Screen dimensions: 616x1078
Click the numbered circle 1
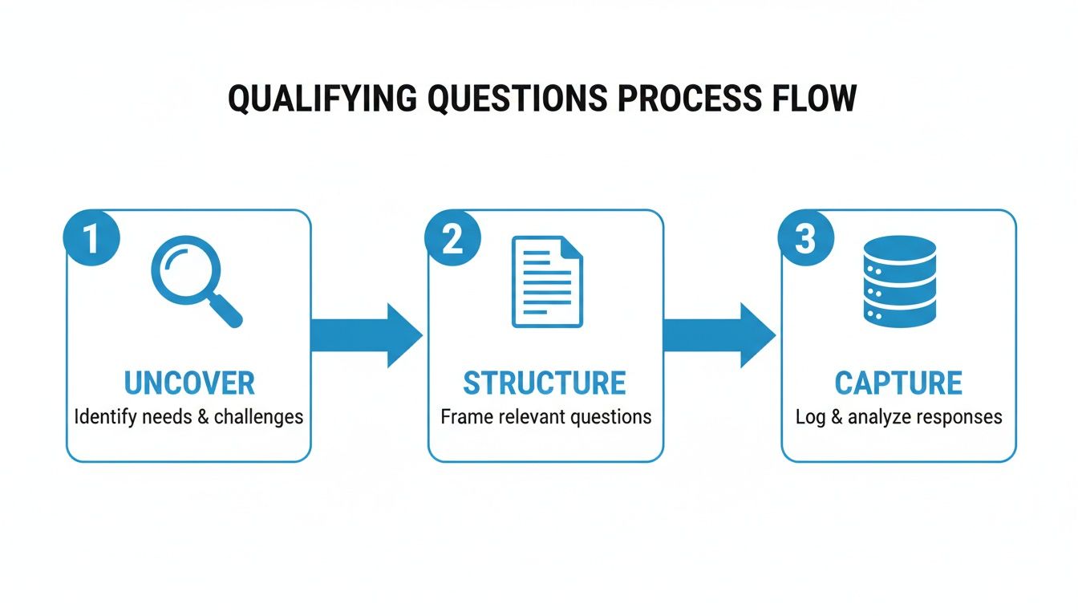point(91,238)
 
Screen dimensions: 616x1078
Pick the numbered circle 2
point(452,238)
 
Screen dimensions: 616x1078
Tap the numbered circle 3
point(806,238)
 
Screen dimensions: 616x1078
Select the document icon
point(547,281)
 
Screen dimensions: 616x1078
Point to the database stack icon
point(899,281)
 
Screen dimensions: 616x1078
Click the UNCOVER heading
point(189,383)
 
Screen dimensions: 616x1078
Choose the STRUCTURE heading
point(545,383)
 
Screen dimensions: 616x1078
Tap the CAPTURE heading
point(898,383)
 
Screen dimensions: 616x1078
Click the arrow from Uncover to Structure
point(366,335)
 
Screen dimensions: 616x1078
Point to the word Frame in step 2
point(463,417)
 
